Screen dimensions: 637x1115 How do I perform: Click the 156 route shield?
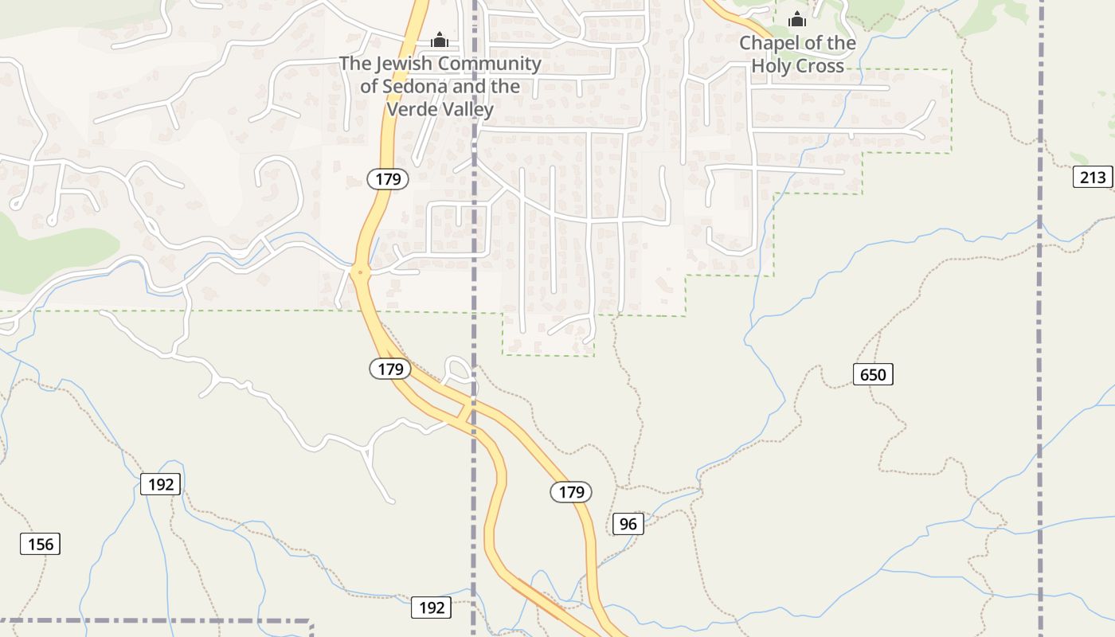[x=40, y=544]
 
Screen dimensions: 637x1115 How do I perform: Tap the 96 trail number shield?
[x=628, y=523]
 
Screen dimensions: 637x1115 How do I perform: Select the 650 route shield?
[x=873, y=373]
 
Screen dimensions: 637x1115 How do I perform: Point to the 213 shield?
[x=1093, y=177]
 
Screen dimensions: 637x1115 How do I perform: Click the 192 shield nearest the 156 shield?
[x=161, y=483]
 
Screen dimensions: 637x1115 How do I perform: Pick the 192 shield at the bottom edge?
[x=432, y=608]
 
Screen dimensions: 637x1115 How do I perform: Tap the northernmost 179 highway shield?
[x=388, y=178]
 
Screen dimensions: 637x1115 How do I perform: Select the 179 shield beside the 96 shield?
[x=571, y=492]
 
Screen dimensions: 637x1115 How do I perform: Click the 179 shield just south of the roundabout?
[x=390, y=369]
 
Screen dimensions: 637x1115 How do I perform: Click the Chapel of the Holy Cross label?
[x=797, y=54]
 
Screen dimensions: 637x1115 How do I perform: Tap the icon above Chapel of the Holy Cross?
[x=797, y=20]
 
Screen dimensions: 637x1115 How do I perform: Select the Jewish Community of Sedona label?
[x=440, y=86]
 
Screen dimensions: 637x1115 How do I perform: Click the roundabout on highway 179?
[x=360, y=272]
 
